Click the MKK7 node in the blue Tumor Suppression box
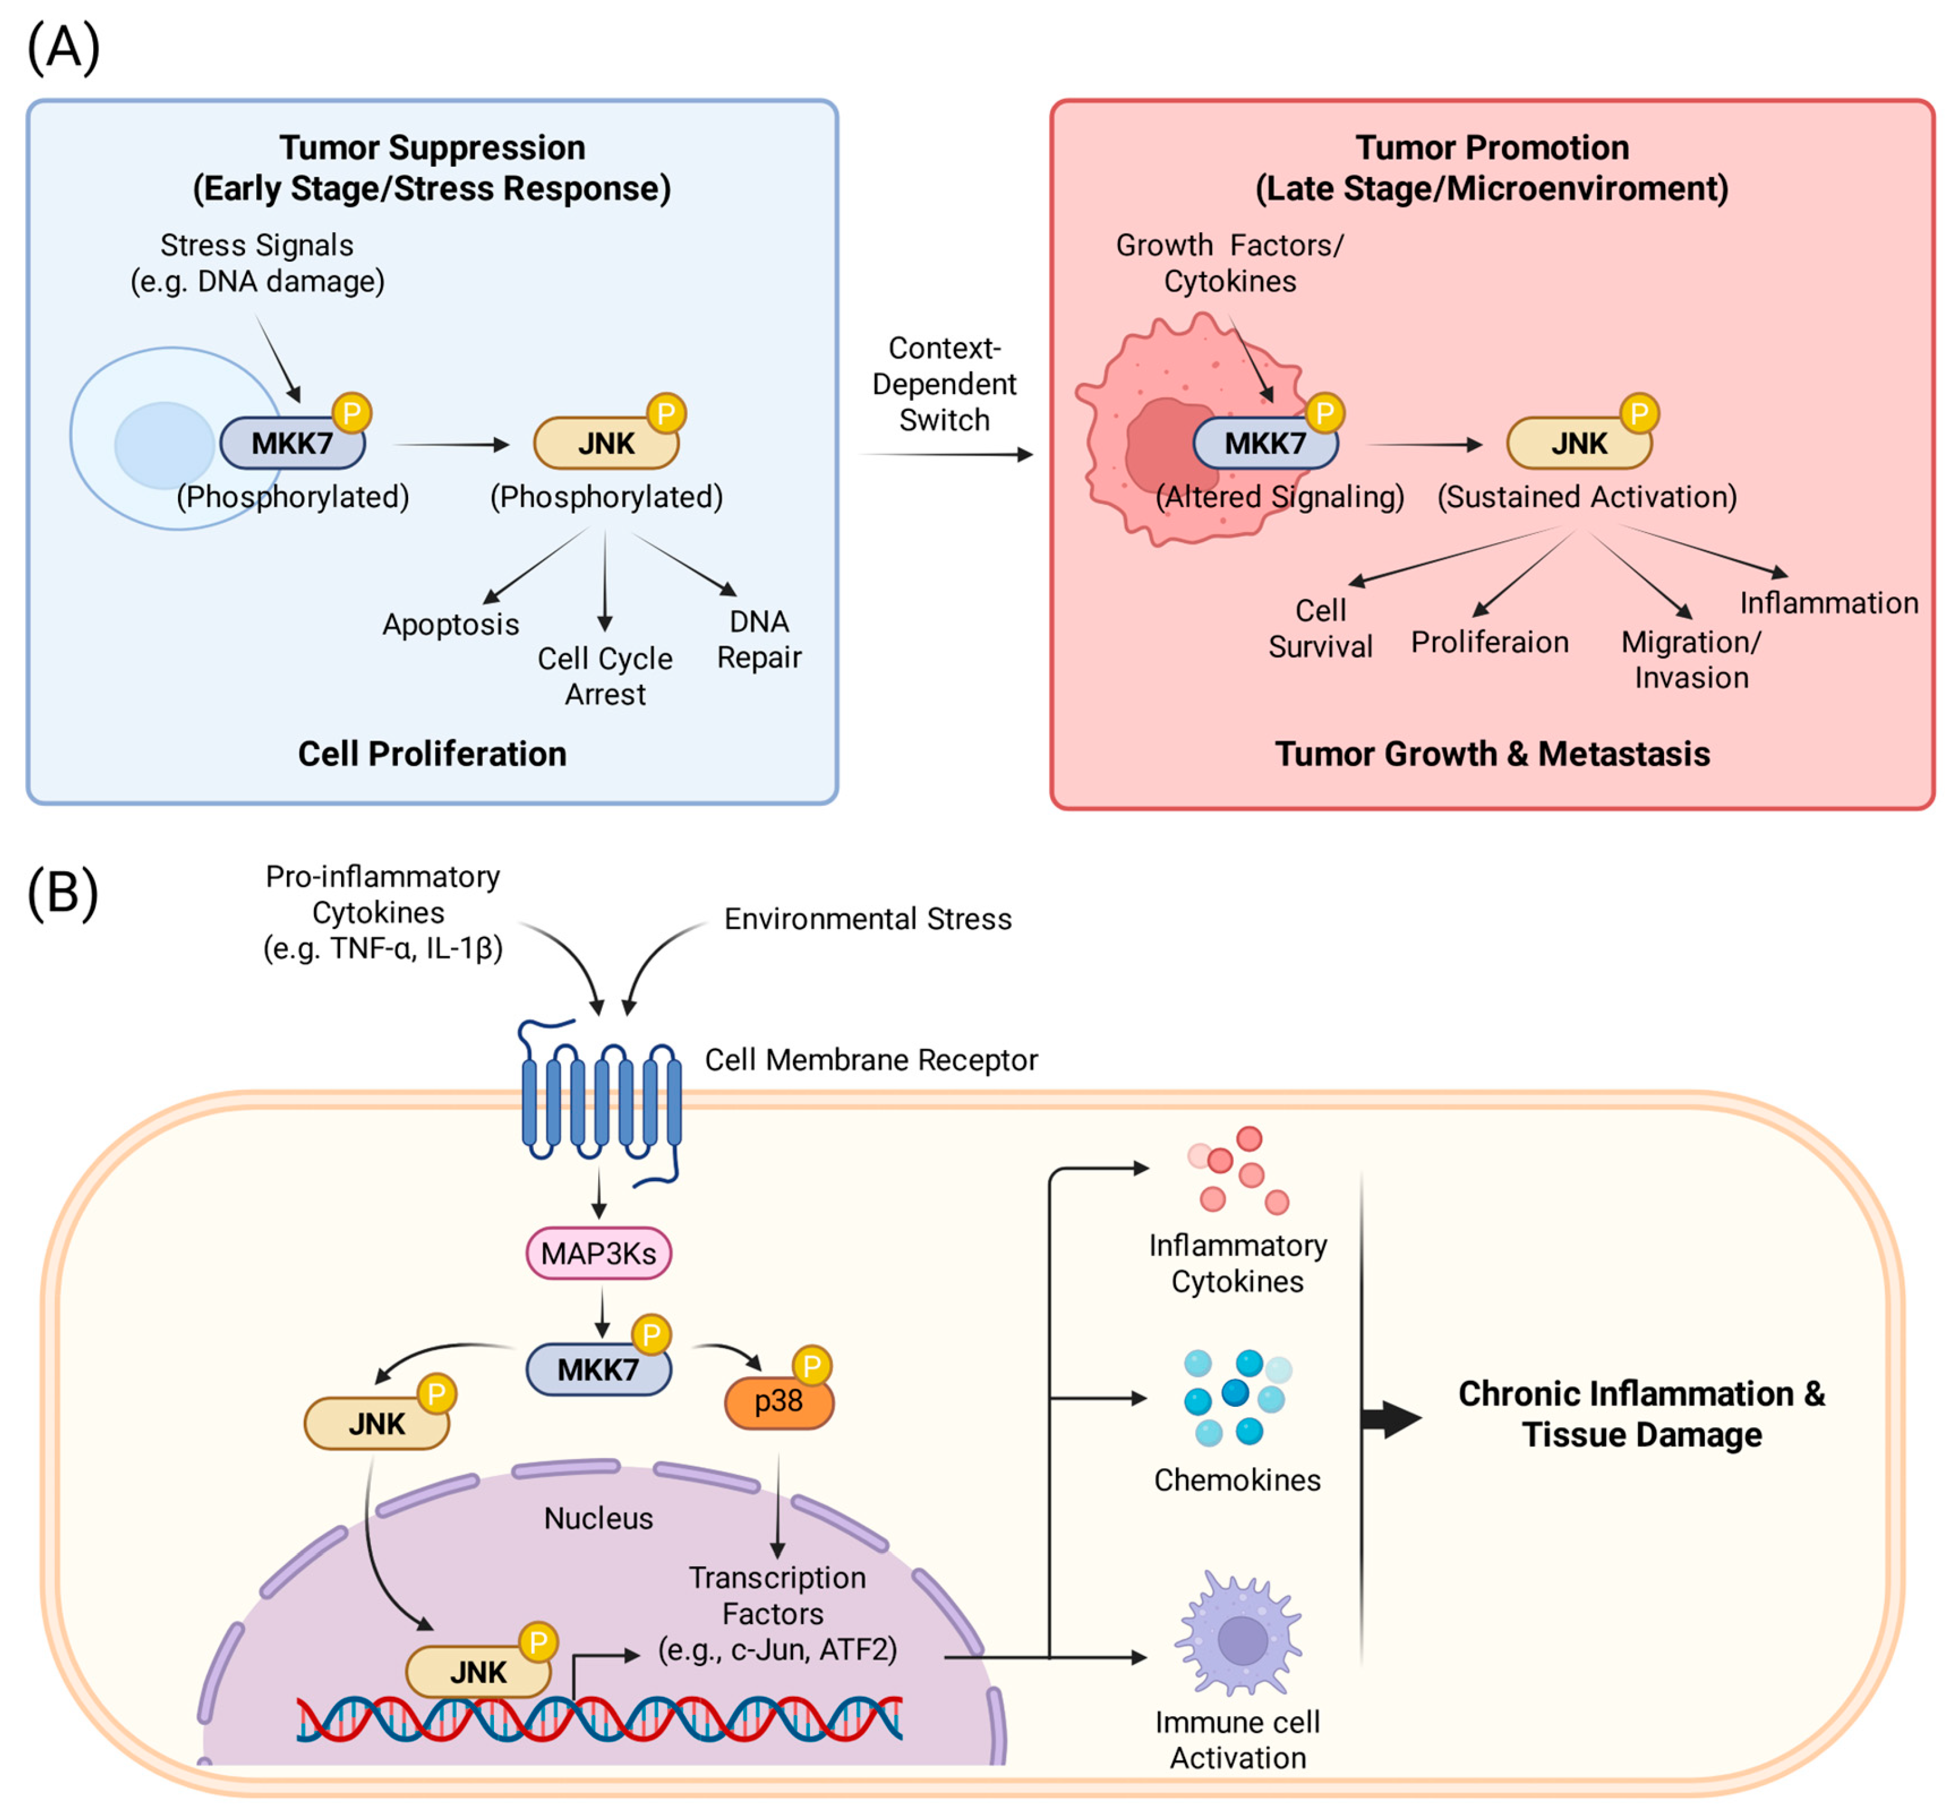[x=292, y=443]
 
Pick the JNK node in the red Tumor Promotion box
[x=1578, y=443]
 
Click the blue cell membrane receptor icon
[x=599, y=1101]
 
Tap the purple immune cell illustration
[x=1240, y=1636]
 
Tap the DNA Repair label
[x=759, y=639]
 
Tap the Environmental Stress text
[x=867, y=919]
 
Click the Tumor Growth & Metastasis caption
[x=1491, y=754]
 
